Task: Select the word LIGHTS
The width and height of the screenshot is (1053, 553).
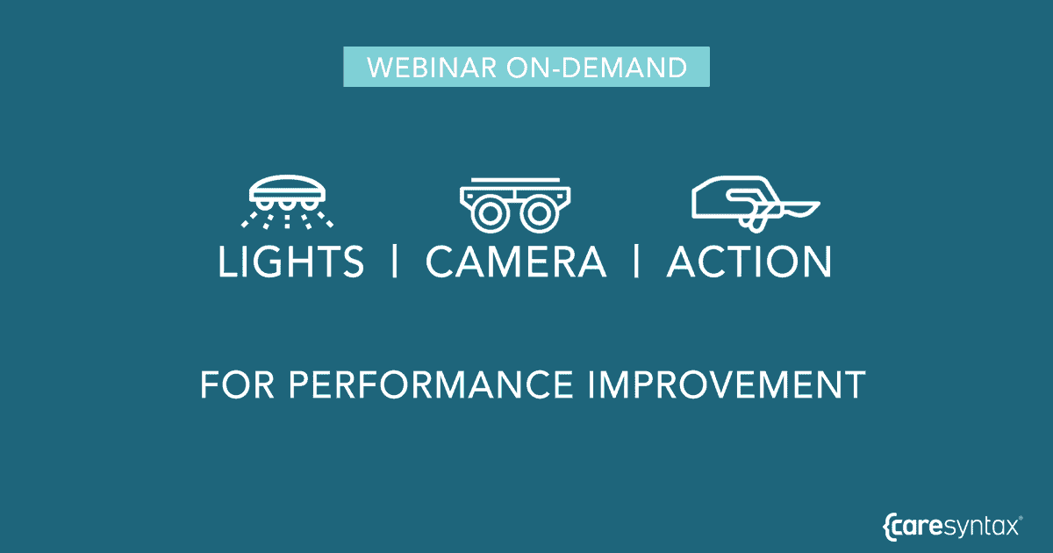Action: pyautogui.click(x=290, y=262)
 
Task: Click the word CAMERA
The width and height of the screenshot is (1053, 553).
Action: pyautogui.click(x=516, y=262)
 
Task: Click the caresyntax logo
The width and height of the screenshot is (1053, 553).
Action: pyautogui.click(x=953, y=527)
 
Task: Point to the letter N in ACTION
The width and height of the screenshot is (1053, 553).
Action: pyautogui.click(x=815, y=262)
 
